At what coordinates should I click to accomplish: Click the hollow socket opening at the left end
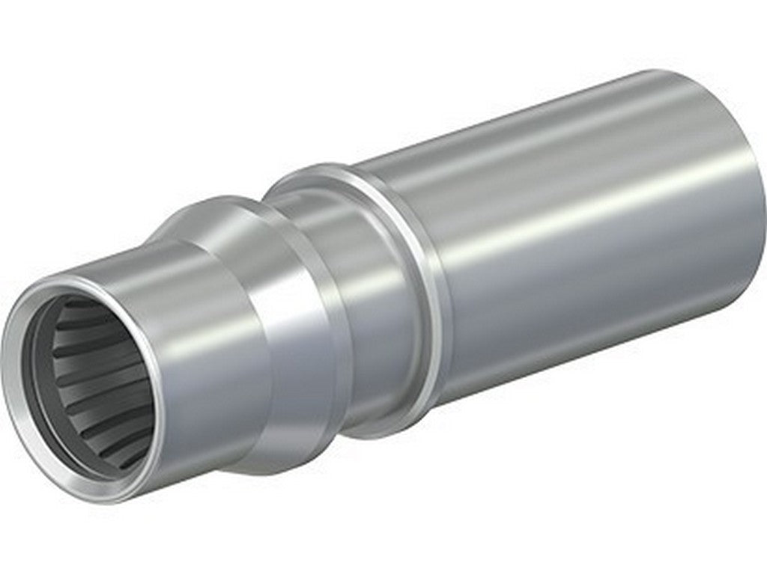pos(90,382)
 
